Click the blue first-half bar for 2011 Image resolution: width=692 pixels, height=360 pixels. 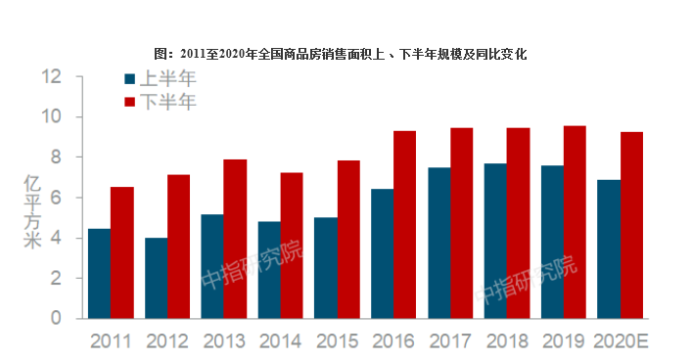[x=99, y=274]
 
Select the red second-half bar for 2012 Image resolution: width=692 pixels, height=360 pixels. [x=178, y=247]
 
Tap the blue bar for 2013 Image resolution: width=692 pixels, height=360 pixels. [x=212, y=266]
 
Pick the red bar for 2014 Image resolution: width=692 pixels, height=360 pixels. [x=292, y=246]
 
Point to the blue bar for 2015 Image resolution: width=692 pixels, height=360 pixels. [x=326, y=268]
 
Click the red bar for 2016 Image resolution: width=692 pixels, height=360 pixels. [x=404, y=225]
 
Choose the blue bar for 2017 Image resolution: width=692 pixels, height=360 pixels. [x=439, y=243]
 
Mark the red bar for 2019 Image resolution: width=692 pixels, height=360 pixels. [x=575, y=222]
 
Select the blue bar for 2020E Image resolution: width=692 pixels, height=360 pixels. [x=609, y=249]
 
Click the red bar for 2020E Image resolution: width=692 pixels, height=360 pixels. [x=631, y=225]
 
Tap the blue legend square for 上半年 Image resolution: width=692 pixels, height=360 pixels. [x=130, y=79]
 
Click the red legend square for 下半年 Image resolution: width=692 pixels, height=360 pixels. [x=130, y=102]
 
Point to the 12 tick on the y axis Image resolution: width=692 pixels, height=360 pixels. [x=51, y=76]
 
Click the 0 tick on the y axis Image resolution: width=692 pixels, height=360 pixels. [x=56, y=318]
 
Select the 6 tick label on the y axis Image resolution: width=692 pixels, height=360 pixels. [x=56, y=198]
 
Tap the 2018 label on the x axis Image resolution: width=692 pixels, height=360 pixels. [x=507, y=341]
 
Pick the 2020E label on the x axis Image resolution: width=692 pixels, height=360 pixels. [x=621, y=341]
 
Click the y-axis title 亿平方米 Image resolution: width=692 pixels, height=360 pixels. [x=32, y=211]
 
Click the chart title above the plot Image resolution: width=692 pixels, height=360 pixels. [x=341, y=54]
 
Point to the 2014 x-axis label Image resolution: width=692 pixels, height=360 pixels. [x=281, y=341]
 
